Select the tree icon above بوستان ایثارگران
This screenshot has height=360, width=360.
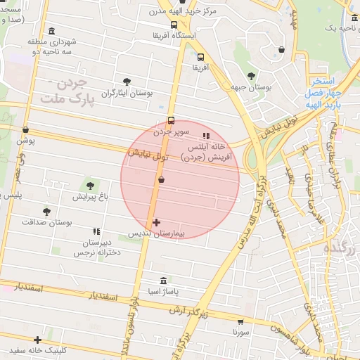[x=127, y=82]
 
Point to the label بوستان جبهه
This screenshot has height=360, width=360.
[x=252, y=86]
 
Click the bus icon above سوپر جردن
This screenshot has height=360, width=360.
[x=170, y=120]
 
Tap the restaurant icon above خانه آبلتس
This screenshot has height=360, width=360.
[x=205, y=136]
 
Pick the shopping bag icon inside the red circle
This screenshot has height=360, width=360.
[x=162, y=180]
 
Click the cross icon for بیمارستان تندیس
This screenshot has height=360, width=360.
[x=156, y=223]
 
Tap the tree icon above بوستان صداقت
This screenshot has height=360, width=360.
[x=47, y=211]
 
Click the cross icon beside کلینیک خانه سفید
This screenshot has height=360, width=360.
[x=38, y=340]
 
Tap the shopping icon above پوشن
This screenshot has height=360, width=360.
[x=26, y=129]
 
